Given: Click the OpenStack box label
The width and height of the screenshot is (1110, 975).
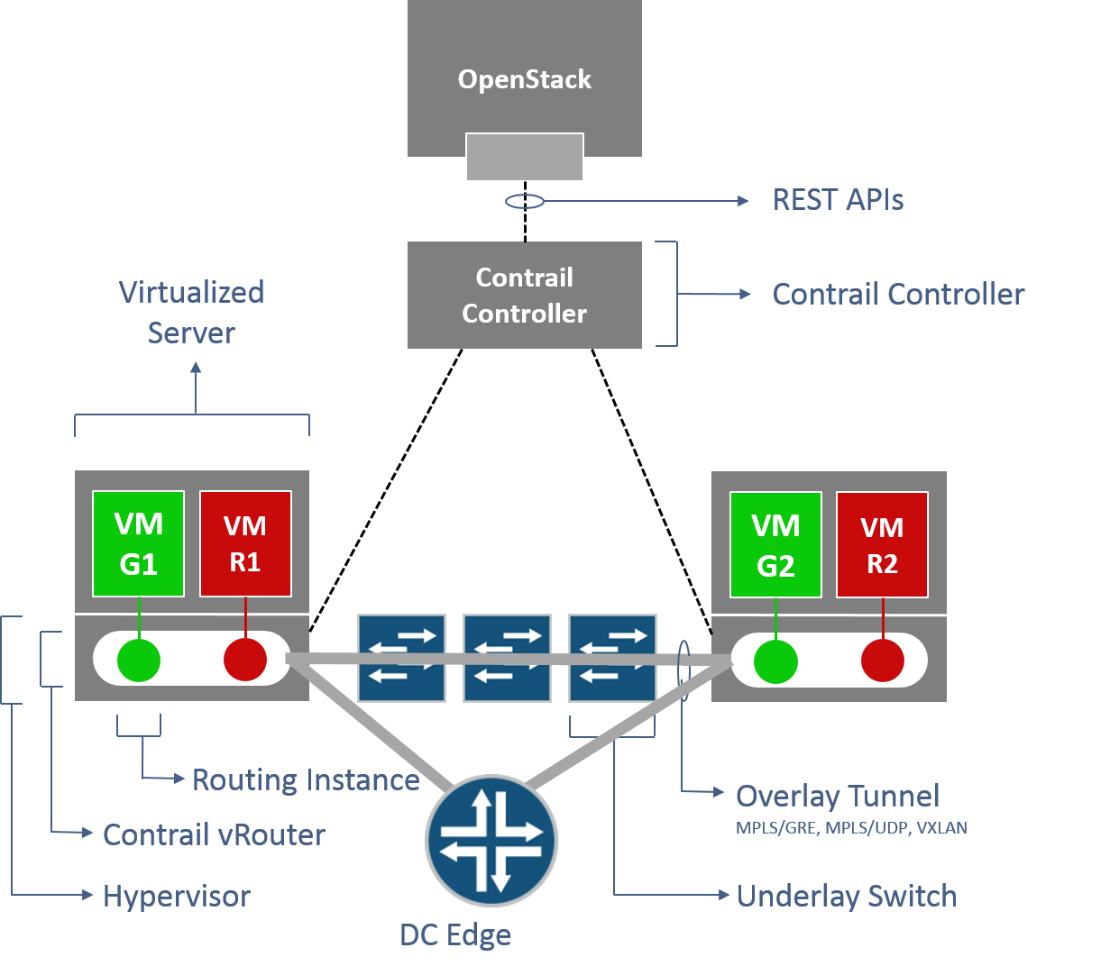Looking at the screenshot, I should point(524,79).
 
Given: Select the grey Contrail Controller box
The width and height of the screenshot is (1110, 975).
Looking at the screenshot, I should point(524,295).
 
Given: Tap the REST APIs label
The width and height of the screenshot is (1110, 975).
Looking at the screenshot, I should point(838,200).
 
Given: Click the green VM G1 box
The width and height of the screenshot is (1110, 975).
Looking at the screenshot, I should point(139,543).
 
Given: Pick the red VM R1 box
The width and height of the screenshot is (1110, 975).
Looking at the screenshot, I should point(245,543).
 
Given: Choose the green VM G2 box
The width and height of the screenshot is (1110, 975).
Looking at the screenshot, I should point(775,544).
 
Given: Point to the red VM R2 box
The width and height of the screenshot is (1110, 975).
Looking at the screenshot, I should point(882,544).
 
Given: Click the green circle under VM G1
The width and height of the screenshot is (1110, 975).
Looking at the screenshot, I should point(139,661).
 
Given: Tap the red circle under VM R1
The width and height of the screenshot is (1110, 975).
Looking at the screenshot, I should point(245,661).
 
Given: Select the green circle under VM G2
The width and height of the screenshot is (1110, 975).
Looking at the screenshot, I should point(775,662).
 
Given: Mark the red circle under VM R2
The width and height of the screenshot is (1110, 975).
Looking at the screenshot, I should point(882,662).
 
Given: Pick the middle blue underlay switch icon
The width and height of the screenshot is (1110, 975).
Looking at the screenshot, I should point(507,658).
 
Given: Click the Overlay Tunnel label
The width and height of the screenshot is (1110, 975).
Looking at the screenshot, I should point(838,796).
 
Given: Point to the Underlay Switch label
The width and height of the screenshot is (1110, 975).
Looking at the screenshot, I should point(846,896).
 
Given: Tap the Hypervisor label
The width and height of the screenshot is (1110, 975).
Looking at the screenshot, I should point(177,896).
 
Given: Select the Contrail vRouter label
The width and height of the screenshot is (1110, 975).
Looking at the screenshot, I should point(214,834).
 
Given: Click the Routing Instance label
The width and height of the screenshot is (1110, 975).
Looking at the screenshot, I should point(306,779).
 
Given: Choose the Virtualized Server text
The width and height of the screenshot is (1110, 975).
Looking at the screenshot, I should point(191,312).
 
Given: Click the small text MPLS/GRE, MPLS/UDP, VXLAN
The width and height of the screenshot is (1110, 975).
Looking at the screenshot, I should point(851,827).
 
